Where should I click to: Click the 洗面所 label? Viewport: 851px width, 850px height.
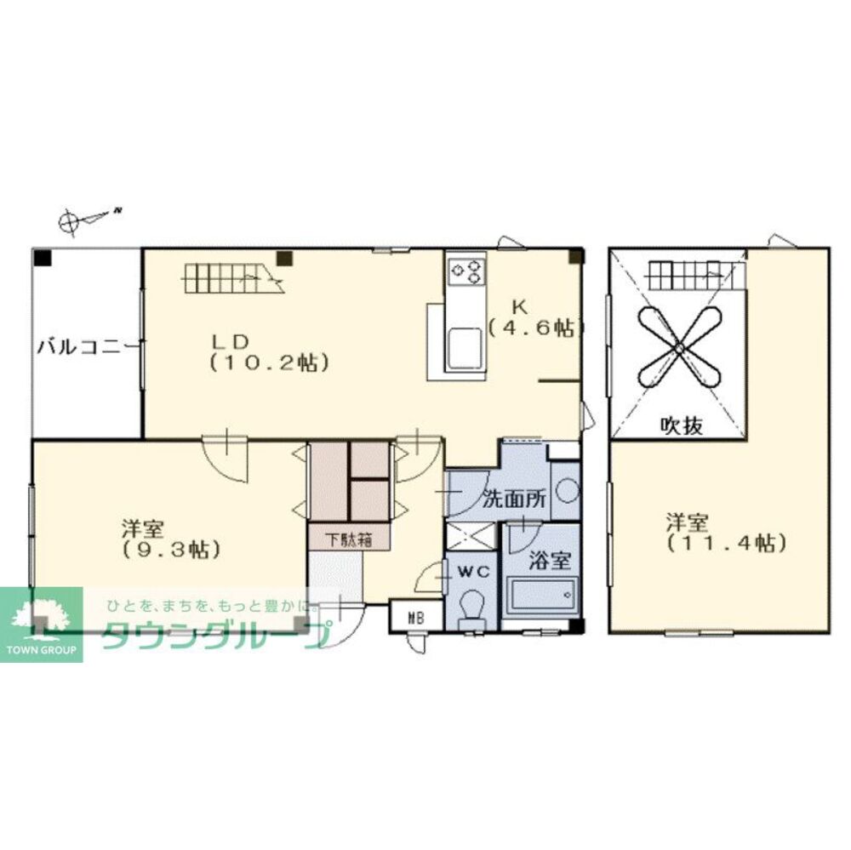pyautogui.click(x=514, y=499)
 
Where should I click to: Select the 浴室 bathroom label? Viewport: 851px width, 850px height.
pyautogui.click(x=542, y=561)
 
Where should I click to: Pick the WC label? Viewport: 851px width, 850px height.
pyautogui.click(x=471, y=570)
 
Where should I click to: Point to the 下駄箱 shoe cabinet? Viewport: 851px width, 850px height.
pyautogui.click(x=348, y=538)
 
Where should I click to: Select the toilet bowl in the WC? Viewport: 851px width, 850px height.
pyautogui.click(x=471, y=607)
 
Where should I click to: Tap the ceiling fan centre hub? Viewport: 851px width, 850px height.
pyautogui.click(x=679, y=348)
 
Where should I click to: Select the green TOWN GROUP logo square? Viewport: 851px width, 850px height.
pyautogui.click(x=42, y=625)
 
